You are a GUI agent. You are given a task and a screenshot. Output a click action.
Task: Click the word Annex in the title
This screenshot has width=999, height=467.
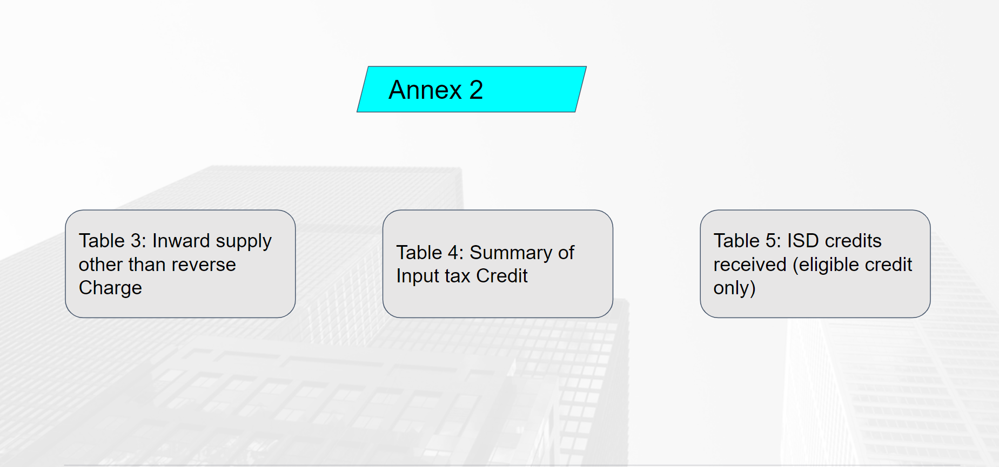(x=425, y=90)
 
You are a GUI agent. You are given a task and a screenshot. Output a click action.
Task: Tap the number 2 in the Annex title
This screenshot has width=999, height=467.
(x=476, y=90)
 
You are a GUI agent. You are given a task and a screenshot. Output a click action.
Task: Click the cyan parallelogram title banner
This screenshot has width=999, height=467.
(x=472, y=89)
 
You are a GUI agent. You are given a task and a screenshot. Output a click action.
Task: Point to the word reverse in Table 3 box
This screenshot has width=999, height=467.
(x=203, y=265)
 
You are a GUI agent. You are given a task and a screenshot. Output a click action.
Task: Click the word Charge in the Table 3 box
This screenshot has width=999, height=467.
(x=110, y=288)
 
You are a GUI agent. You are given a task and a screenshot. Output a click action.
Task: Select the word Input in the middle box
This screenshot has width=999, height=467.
(x=418, y=276)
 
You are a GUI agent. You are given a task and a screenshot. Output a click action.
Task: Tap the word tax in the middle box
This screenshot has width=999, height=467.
(x=458, y=276)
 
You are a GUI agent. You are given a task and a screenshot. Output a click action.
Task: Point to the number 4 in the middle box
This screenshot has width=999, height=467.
(x=453, y=253)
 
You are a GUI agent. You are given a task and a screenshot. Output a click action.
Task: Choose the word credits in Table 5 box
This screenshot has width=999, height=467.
(x=854, y=241)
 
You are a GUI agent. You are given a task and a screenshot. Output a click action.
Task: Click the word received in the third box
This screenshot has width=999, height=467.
(x=750, y=265)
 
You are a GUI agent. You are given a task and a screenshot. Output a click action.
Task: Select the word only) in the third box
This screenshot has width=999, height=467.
(x=734, y=288)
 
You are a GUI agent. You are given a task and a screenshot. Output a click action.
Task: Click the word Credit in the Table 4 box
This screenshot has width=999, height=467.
(x=502, y=276)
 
